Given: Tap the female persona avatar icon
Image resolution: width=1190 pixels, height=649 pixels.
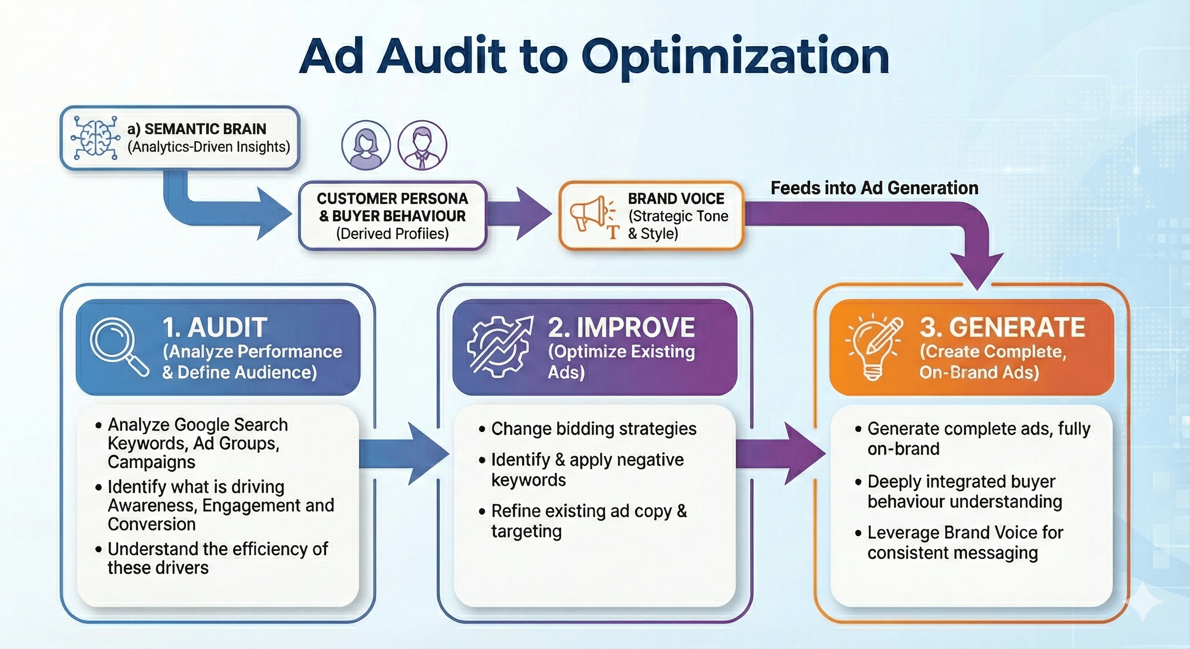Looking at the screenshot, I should pos(366,145).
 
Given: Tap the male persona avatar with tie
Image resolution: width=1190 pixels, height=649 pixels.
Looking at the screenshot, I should pos(422,145).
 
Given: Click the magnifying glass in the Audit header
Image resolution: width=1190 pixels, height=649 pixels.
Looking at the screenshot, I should pos(117,347).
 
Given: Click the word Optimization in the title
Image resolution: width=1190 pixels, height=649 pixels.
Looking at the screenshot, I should pos(734,56).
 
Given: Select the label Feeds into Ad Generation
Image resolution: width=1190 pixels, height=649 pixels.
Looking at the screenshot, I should pos(874,188).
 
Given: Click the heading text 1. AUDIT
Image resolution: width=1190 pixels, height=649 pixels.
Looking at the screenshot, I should pos(215,327).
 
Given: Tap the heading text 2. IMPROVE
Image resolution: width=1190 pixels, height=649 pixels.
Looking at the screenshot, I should pos(621,327).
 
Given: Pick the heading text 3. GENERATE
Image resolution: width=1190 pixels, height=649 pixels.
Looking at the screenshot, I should pos(1002,327).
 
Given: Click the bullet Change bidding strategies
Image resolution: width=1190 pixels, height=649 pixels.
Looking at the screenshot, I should pos(593,429).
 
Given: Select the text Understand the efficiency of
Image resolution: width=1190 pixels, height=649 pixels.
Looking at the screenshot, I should pos(218,549).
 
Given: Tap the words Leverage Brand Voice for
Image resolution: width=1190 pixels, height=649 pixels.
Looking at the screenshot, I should pos(965,533).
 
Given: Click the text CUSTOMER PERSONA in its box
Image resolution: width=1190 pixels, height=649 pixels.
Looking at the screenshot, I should pos(392,199).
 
